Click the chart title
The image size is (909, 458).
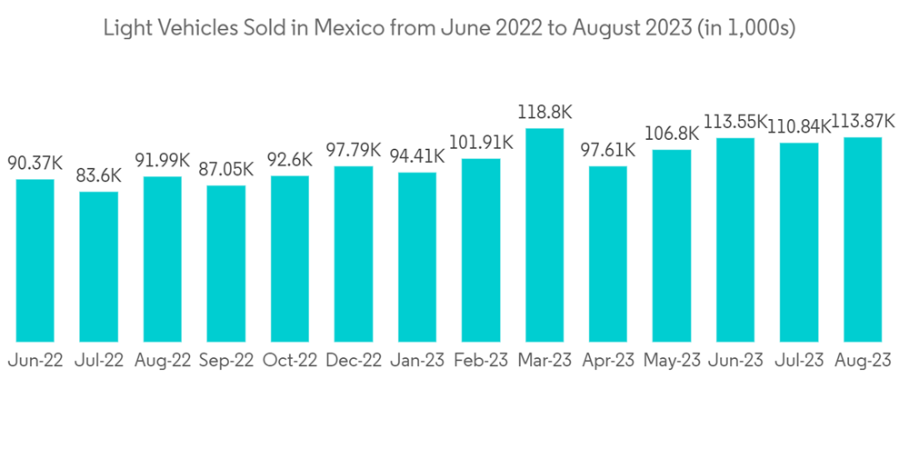[449, 28]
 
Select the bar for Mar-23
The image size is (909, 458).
[544, 235]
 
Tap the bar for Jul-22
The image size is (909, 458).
[99, 267]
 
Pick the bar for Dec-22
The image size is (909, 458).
[354, 254]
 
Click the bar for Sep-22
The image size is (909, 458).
[226, 264]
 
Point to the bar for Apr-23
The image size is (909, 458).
[608, 254]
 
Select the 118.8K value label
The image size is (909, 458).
[544, 113]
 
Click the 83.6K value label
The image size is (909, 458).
[99, 176]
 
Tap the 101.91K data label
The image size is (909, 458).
[481, 143]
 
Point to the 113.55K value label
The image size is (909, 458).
[735, 123]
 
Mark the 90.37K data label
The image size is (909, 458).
[35, 164]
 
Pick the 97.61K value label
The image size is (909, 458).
[608, 150]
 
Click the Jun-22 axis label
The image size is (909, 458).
[35, 360]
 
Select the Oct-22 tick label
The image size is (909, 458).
[290, 360]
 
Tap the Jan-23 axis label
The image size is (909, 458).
[417, 360]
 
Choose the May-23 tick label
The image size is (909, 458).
[672, 360]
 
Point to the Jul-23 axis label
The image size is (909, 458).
[799, 360]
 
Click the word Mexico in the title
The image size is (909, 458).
[350, 28]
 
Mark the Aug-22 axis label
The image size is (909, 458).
[163, 360]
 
